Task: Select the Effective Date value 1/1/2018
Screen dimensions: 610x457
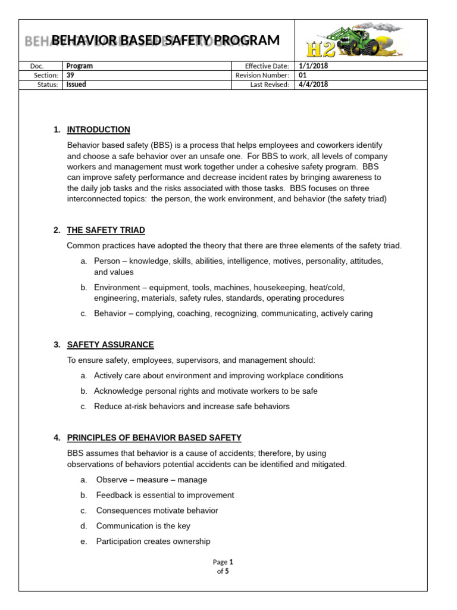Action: (x=313, y=66)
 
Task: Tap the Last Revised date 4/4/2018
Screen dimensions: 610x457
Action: (x=313, y=85)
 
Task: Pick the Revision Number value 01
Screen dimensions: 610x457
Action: (x=302, y=75)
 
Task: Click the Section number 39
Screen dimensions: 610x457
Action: (x=71, y=75)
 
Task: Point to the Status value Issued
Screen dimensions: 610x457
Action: (x=76, y=85)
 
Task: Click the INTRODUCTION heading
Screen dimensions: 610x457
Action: (x=98, y=130)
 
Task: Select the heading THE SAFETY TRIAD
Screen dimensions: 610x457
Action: (x=106, y=230)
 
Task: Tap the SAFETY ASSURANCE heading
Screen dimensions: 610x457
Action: (x=110, y=345)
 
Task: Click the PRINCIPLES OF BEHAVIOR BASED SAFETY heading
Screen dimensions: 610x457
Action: (x=154, y=438)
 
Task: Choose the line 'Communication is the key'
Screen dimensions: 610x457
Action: (x=143, y=526)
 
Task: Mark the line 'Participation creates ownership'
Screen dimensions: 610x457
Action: (x=153, y=541)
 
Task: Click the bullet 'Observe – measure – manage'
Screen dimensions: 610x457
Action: (x=151, y=480)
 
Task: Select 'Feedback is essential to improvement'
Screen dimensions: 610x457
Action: (x=165, y=495)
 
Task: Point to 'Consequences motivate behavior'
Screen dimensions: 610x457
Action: (x=157, y=511)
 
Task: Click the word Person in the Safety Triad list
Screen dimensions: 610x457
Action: (x=107, y=262)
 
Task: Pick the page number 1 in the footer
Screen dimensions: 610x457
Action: (x=231, y=562)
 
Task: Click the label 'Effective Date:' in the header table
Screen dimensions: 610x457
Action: (x=267, y=66)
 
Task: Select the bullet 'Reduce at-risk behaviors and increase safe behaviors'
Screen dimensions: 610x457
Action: (x=192, y=406)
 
